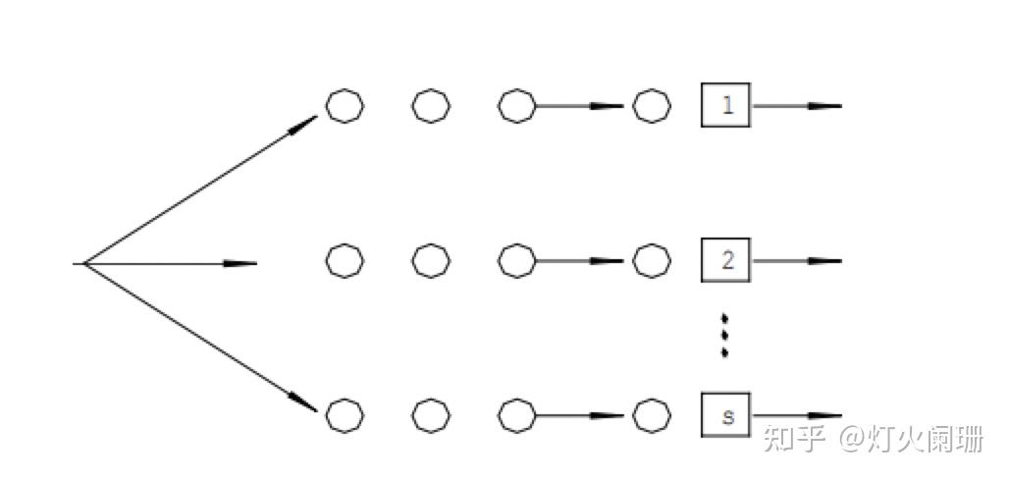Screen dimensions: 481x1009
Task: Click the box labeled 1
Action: pos(726,105)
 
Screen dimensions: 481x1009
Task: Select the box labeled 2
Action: pos(726,261)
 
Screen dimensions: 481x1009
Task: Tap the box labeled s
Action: pos(726,415)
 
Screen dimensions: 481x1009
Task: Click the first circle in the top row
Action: pos(345,105)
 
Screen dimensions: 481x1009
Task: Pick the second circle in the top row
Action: pos(430,105)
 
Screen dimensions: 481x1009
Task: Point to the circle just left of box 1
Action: pos(652,105)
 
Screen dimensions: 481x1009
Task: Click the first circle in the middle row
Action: pos(345,261)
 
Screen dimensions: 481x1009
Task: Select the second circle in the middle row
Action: pos(430,261)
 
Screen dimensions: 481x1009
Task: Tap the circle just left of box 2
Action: pos(652,261)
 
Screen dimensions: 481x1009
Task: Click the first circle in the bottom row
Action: pos(345,415)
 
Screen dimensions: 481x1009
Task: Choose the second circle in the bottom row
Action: pos(430,415)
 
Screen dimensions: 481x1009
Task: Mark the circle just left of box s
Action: pos(652,415)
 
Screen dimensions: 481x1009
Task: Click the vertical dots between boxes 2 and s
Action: pos(724,335)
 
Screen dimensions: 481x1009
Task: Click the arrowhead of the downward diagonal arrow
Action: pos(304,402)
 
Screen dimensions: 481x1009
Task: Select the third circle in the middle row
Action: pos(516,261)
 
